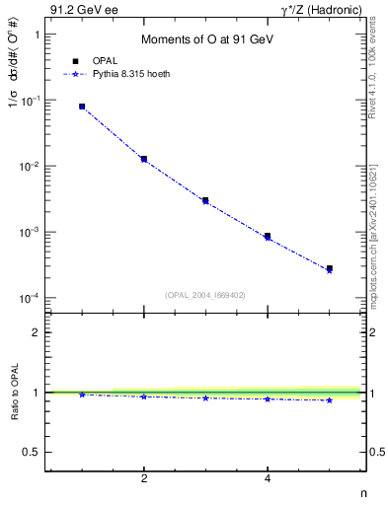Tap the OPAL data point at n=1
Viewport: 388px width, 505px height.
tap(82, 107)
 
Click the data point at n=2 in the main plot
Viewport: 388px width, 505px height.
tap(144, 159)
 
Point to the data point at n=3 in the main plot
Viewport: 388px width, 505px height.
tap(205, 200)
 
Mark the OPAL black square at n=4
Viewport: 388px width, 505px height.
tap(268, 236)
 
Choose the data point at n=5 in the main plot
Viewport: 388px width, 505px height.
tap(330, 268)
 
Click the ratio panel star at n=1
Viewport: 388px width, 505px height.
tap(82, 395)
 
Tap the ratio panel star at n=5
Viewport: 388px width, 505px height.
tap(330, 399)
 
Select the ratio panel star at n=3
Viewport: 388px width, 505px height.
tap(205, 397)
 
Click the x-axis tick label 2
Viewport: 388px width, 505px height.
tap(144, 479)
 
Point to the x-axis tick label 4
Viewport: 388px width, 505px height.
tap(268, 479)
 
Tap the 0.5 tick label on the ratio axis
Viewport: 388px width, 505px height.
tap(31, 452)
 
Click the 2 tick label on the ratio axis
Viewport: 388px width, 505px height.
tap(36, 332)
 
